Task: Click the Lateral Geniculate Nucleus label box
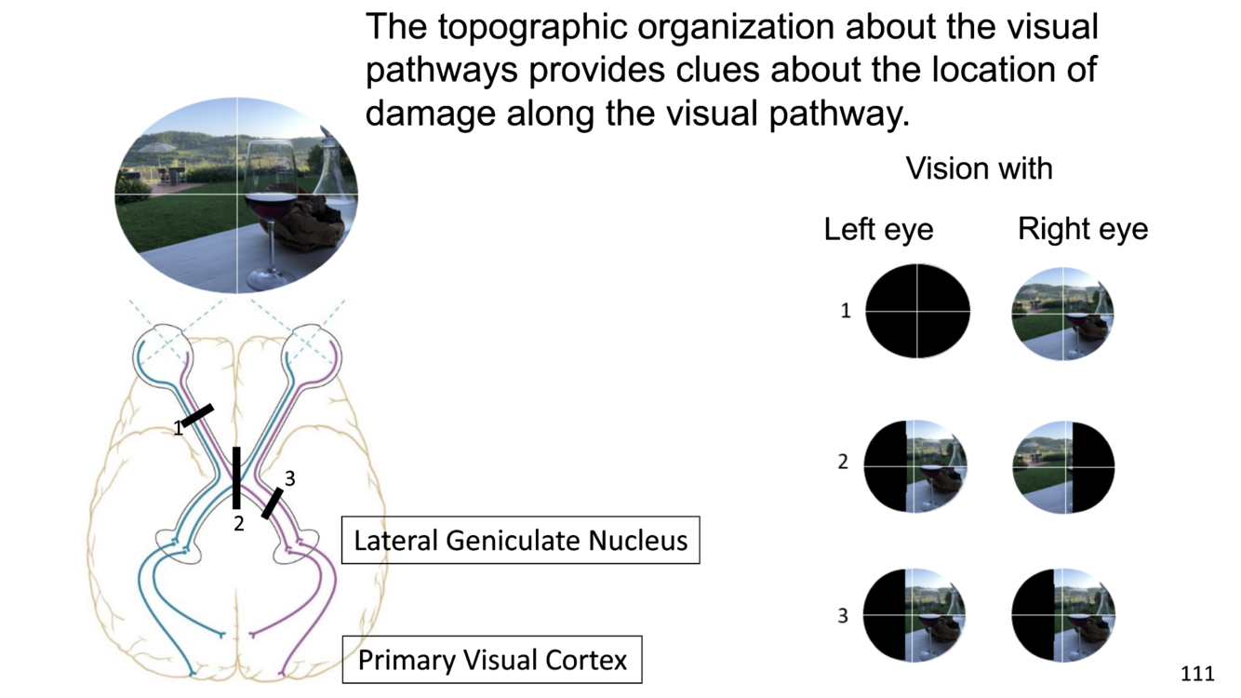520,540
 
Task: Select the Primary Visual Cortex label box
492,660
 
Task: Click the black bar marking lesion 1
197,415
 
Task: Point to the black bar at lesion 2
236,477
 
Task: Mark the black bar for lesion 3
272,503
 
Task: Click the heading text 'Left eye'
878,229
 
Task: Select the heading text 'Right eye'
1082,229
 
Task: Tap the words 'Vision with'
979,168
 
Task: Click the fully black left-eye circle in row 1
917,311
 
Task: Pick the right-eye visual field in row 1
1062,312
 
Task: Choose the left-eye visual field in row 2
916,465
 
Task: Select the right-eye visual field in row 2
1062,466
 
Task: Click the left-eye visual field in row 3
915,615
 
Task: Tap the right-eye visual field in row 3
1062,615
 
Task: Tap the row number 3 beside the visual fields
843,616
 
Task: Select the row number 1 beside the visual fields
846,311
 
